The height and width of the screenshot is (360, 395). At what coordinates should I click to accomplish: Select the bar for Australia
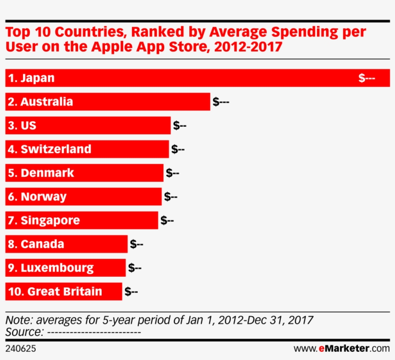pos(107,102)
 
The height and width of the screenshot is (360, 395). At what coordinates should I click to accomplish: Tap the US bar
pos(88,125)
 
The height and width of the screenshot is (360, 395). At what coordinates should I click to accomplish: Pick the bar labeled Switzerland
pos(87,149)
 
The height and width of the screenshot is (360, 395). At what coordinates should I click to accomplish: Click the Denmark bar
pos(84,173)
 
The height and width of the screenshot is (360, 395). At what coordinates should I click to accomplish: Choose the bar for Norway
pos(83,197)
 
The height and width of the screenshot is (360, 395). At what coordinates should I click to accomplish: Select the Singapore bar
pos(81,220)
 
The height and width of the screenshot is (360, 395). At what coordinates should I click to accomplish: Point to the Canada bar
pos(66,244)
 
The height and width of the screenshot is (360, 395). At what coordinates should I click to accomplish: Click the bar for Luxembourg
pos(66,267)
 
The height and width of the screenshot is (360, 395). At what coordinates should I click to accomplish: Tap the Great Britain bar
pos(64,292)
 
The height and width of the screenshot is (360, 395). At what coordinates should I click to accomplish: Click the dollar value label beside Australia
pos(221,102)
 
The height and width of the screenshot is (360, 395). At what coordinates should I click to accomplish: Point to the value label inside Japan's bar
pos(367,78)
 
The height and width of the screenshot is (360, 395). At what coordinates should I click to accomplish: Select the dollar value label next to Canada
pos(136,244)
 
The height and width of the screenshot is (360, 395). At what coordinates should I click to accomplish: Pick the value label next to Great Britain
pos(131,292)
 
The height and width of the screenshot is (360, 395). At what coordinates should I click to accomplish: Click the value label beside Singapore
pos(167,220)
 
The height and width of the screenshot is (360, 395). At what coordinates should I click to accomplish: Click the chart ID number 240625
pos(21,348)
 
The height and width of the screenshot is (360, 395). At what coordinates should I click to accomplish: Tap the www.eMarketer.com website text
pos(341,348)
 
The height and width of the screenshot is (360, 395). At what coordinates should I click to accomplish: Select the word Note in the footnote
pos(18,320)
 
